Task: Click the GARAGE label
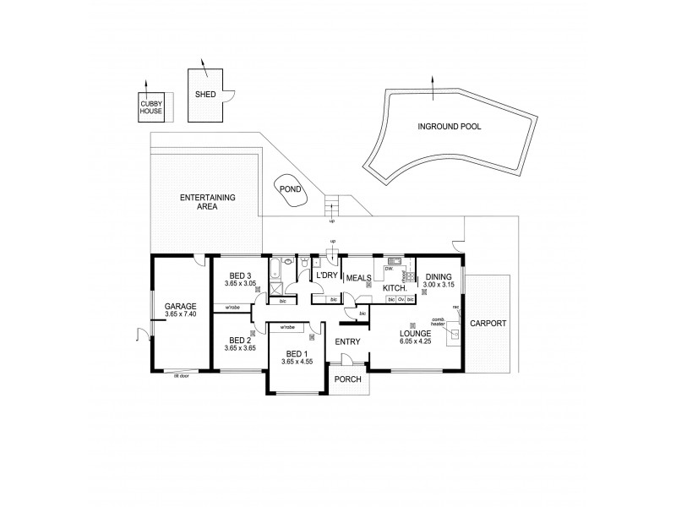[x=181, y=306]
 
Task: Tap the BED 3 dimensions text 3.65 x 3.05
[x=239, y=283]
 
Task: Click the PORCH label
[x=347, y=379]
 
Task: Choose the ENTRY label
[x=347, y=341]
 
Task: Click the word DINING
[x=439, y=276]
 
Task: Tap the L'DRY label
[x=326, y=276]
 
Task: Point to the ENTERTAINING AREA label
[x=207, y=201]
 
